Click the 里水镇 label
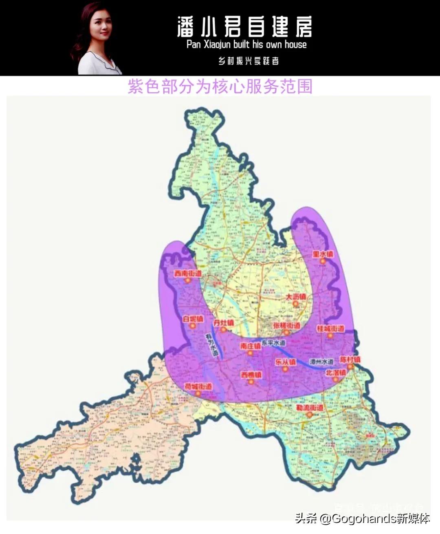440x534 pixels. (x=323, y=254)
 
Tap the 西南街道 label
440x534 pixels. (x=188, y=274)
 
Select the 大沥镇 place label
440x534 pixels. (x=295, y=297)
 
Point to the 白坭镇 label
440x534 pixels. (x=193, y=319)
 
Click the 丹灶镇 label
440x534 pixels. (x=224, y=323)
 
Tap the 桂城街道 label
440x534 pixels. (x=330, y=329)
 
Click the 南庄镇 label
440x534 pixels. (x=250, y=346)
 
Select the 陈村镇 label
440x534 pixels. (x=350, y=360)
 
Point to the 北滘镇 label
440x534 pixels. (x=335, y=373)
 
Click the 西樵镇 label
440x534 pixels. (x=251, y=374)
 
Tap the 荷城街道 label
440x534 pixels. (x=198, y=386)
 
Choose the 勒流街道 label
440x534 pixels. (x=310, y=408)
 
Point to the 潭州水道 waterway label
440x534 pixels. (x=321, y=362)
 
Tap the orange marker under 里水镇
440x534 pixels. (x=323, y=261)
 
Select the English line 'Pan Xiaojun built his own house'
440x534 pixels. (x=246, y=44)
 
